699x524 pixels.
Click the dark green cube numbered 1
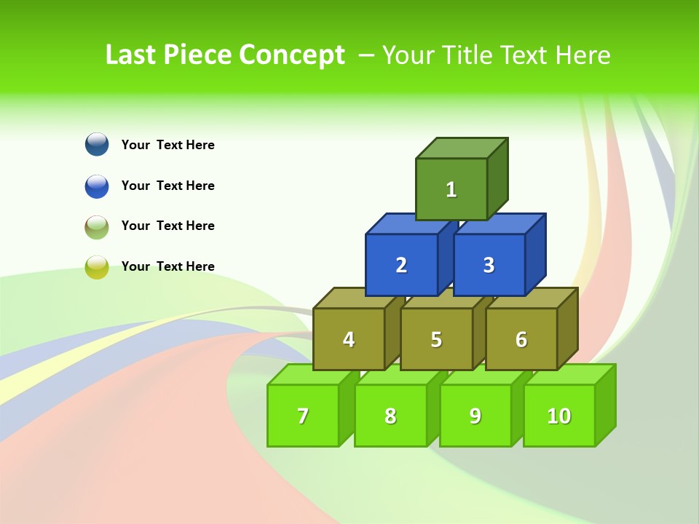(451, 189)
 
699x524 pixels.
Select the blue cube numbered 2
(401, 265)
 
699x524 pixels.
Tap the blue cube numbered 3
(489, 265)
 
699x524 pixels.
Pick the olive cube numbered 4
(349, 339)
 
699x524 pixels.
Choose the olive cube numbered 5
(436, 339)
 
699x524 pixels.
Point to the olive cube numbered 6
(521, 339)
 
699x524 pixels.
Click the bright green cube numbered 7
(303, 416)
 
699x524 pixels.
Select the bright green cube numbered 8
(390, 416)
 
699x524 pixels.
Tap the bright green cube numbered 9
(475, 416)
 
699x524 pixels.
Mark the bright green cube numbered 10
(559, 416)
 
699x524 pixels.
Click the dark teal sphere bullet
(97, 144)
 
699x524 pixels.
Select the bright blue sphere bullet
(97, 186)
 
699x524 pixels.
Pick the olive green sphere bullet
(97, 226)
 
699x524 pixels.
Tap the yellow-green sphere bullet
(97, 267)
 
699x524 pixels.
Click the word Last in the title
(131, 55)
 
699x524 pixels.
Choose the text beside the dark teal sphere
(168, 145)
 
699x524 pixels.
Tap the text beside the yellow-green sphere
(168, 266)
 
